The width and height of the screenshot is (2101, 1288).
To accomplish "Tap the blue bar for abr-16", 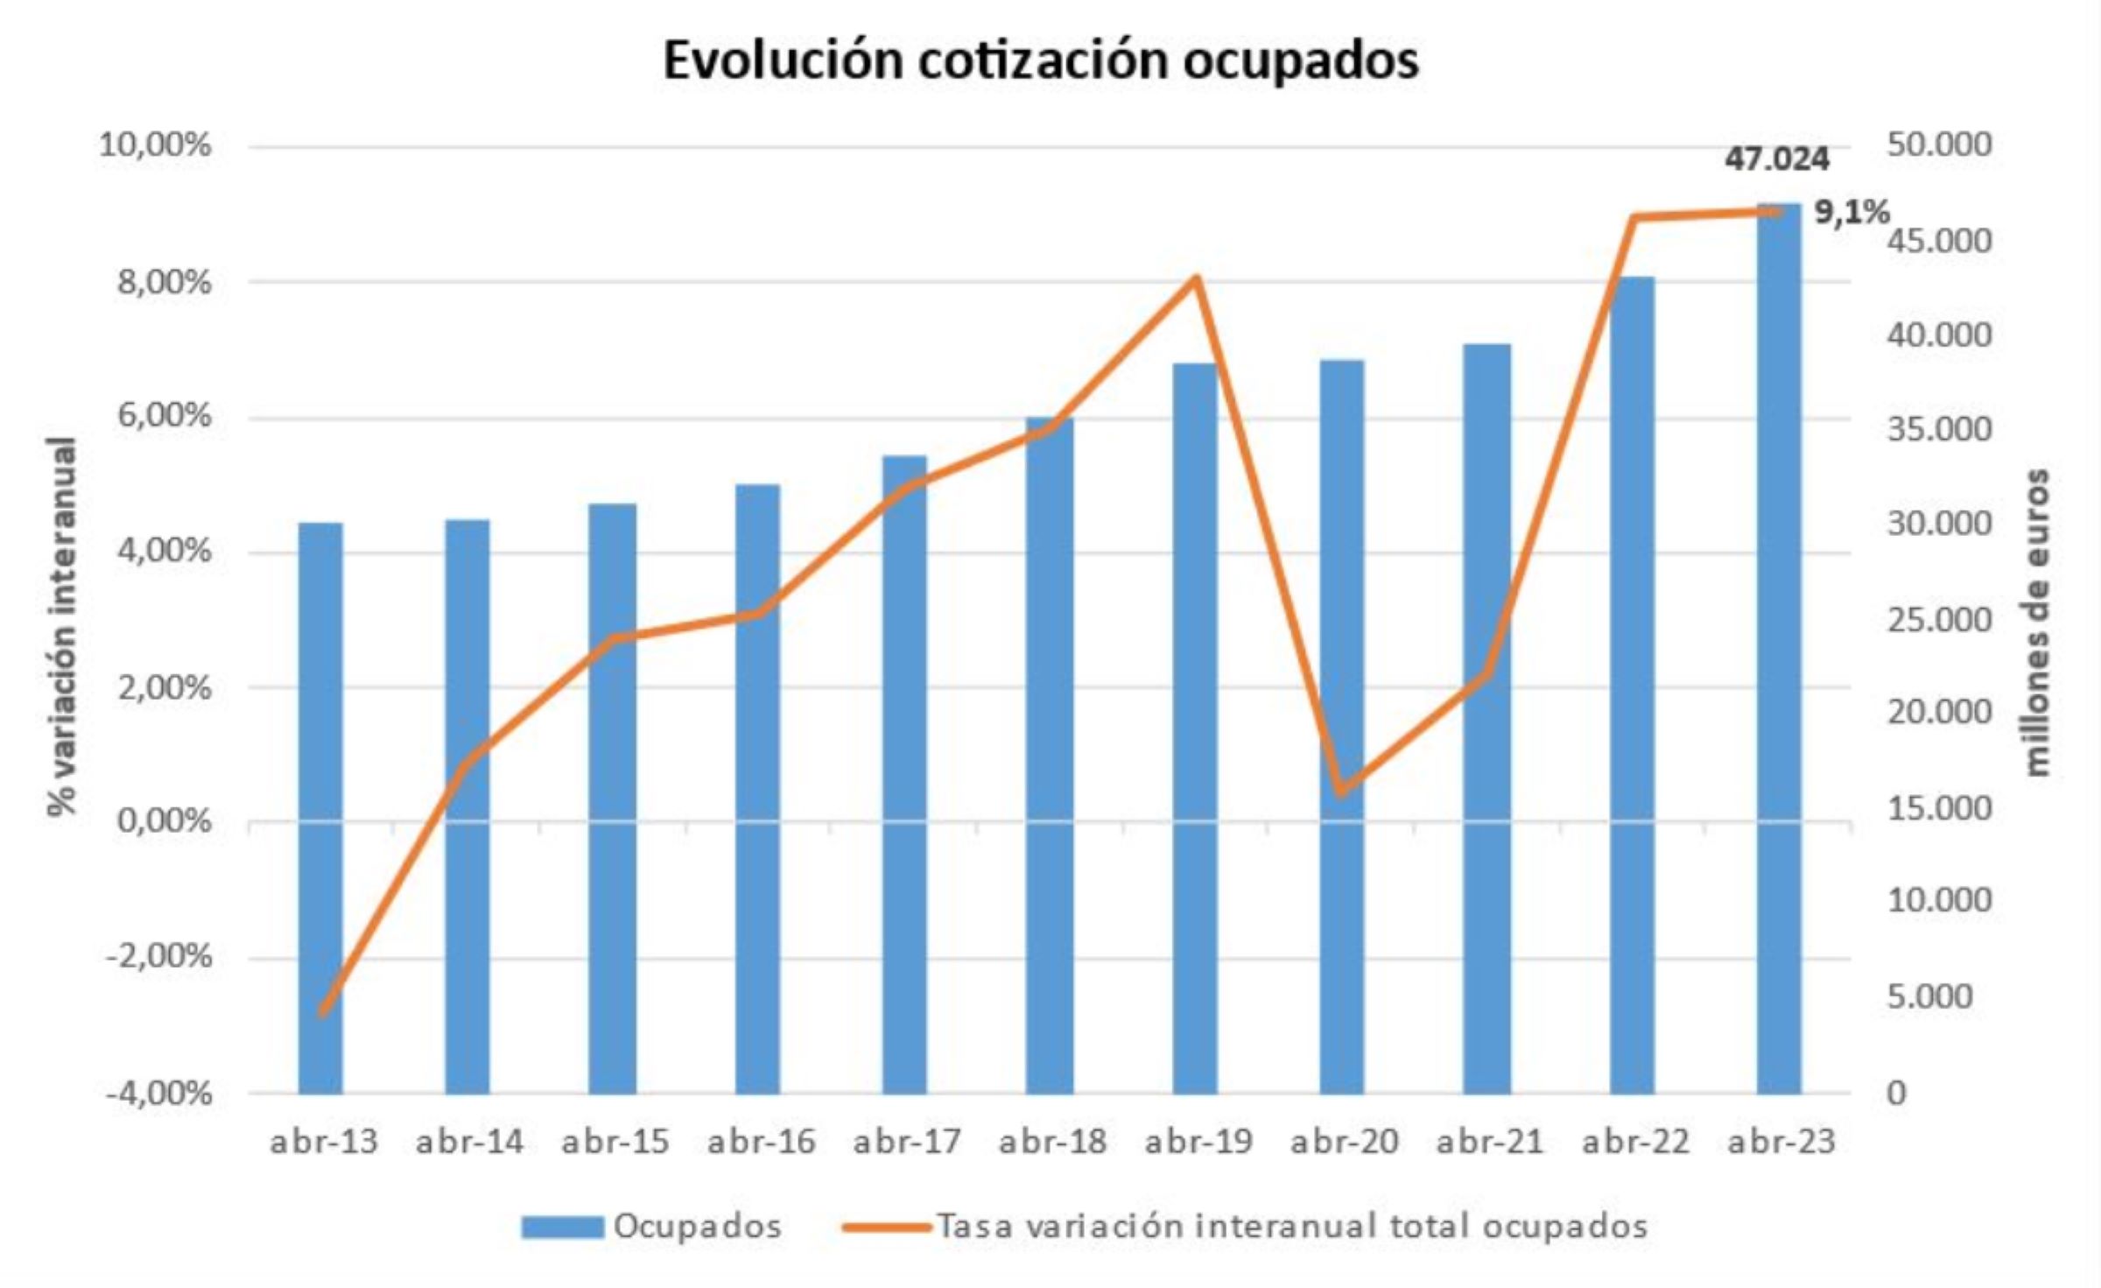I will (757, 788).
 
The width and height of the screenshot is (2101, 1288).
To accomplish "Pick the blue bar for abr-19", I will (1195, 727).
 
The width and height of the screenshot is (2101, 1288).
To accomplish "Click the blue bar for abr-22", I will (1632, 683).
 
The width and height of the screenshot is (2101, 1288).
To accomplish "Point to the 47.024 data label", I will (1777, 159).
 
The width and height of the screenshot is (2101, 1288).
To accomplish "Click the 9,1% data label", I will (1851, 212).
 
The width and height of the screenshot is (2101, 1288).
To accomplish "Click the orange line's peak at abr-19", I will (1197, 279).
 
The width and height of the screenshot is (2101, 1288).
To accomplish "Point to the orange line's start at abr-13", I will (323, 1011).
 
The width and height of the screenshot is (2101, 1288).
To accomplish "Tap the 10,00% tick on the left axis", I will (155, 145).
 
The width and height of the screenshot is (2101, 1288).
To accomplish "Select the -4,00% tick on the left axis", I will (158, 1094).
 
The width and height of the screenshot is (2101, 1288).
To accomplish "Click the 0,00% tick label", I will (164, 822).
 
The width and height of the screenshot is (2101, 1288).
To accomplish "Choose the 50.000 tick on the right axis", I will (1939, 145).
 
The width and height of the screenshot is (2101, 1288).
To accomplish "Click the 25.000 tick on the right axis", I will (1939, 620).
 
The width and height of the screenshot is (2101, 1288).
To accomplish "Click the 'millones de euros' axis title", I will (2038, 622).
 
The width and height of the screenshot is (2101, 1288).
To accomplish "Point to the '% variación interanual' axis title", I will (63, 625).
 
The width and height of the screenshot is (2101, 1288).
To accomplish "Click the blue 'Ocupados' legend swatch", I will (562, 1227).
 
